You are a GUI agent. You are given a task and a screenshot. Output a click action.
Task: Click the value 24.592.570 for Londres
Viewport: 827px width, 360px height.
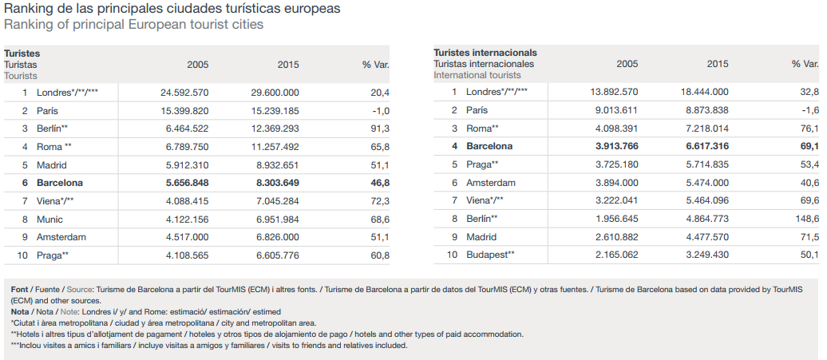click(184, 93)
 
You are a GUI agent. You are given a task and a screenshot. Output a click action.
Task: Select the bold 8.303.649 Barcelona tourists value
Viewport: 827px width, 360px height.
click(275, 183)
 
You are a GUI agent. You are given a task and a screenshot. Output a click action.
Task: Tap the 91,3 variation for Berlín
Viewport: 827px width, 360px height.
click(380, 129)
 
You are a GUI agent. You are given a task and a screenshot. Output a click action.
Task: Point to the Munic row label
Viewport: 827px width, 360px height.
click(49, 219)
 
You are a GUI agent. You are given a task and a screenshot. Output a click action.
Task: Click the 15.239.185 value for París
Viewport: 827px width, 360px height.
click(275, 110)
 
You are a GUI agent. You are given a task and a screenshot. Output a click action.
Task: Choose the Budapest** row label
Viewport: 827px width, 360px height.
click(490, 255)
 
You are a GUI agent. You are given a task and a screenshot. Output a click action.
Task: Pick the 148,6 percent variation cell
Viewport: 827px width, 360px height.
click(807, 219)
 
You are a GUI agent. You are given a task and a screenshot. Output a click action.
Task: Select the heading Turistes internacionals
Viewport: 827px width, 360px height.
click(485, 53)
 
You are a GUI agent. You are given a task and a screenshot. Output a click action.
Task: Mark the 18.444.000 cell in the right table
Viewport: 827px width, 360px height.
click(705, 93)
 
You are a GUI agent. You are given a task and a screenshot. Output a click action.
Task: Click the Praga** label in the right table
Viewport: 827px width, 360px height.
click(482, 164)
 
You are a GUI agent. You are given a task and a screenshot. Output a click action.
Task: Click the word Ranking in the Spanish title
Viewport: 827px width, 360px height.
click(30, 9)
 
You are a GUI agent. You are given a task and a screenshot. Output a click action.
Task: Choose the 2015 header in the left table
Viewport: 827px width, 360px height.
click(288, 65)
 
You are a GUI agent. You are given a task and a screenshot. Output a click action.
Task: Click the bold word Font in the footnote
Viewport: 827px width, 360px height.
click(20, 289)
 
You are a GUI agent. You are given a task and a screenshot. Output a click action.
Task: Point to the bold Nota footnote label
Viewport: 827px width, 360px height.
click(20, 312)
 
